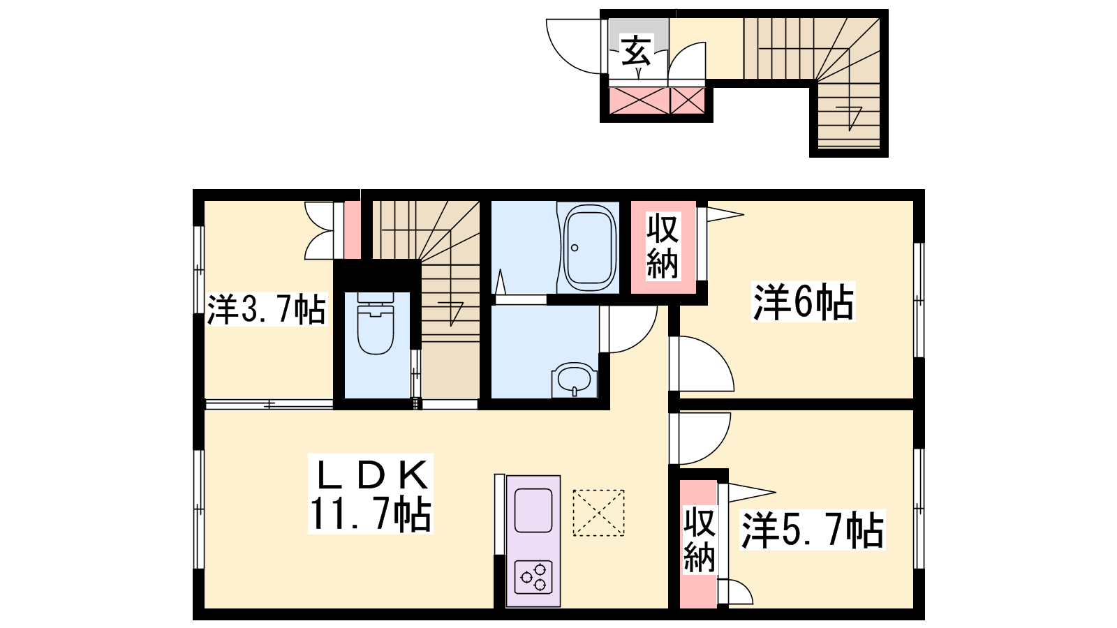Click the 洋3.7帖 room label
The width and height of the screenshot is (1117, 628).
click(x=266, y=309)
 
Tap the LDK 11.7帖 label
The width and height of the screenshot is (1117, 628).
click(x=371, y=493)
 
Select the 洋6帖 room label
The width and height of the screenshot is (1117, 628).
click(x=804, y=301)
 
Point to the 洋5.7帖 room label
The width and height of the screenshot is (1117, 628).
click(x=813, y=530)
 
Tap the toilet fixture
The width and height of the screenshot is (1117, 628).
click(x=376, y=323)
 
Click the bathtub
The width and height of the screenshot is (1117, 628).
click(x=589, y=248)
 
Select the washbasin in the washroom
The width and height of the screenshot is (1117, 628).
click(x=575, y=380)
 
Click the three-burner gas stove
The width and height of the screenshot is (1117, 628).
click(x=533, y=576)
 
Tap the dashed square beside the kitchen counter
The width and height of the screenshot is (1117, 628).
click(x=598, y=513)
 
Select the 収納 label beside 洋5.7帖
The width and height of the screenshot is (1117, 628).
click(x=700, y=540)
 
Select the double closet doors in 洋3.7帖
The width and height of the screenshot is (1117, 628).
click(x=319, y=230)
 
